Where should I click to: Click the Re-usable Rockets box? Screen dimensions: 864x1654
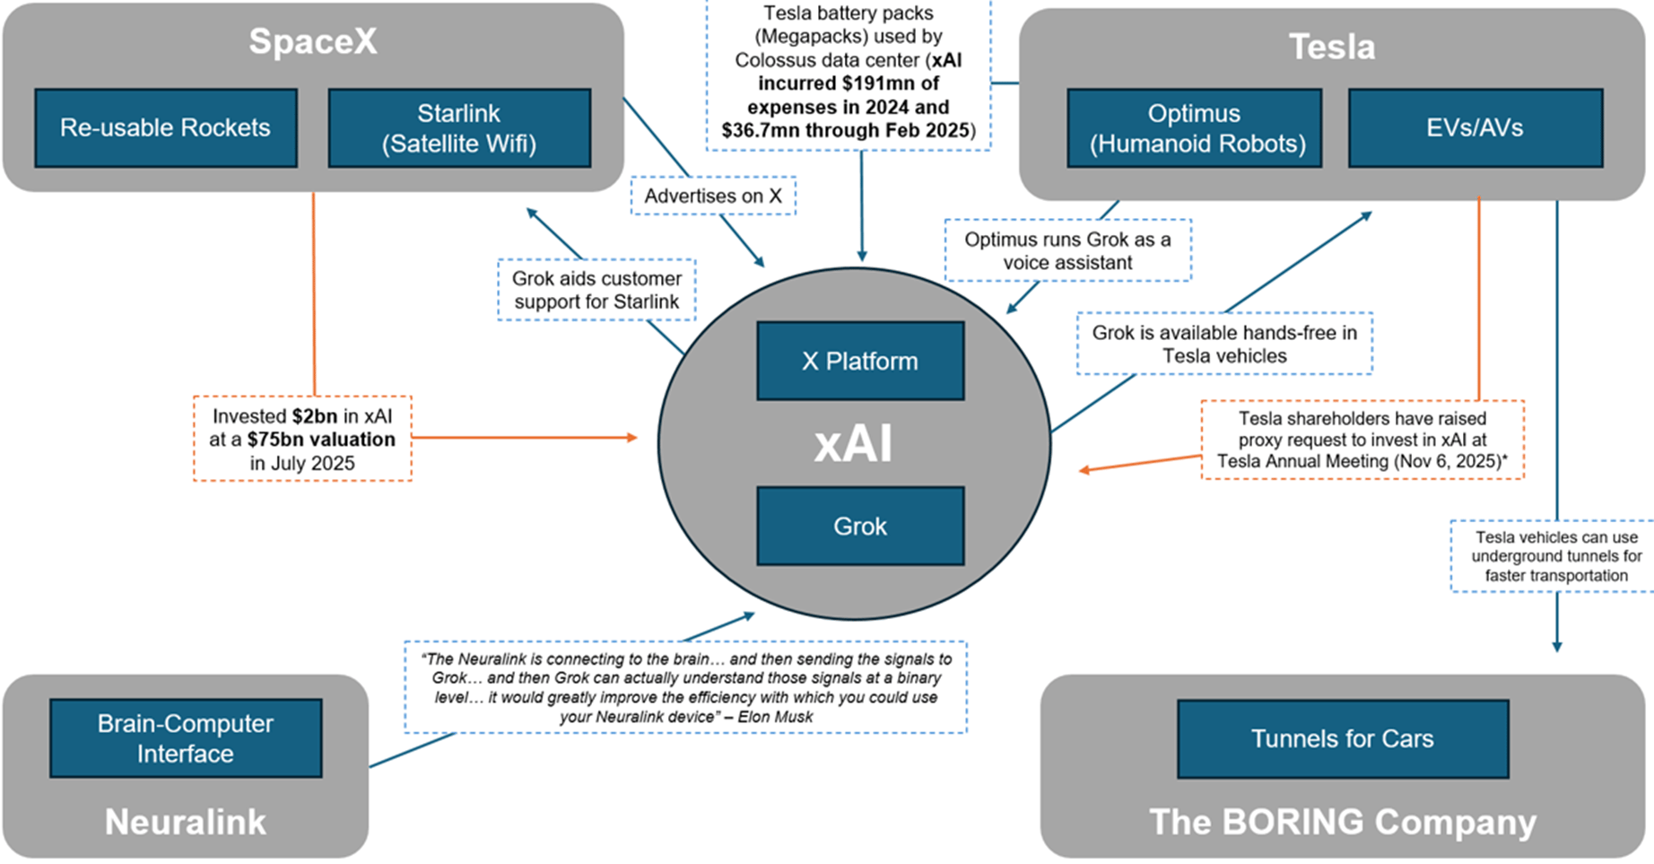(x=166, y=128)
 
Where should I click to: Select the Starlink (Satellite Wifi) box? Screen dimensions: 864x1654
(x=459, y=128)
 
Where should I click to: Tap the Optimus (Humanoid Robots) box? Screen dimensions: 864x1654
(x=1194, y=128)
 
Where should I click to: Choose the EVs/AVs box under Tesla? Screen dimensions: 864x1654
(x=1475, y=128)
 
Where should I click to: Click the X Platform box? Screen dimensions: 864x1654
(x=860, y=361)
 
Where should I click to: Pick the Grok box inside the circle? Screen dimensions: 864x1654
(x=860, y=526)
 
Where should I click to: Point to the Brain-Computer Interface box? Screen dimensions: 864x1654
(x=186, y=738)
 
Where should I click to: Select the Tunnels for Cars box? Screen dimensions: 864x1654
(x=1342, y=738)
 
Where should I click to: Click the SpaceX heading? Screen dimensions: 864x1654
(x=313, y=41)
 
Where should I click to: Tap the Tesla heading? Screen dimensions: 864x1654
(x=1332, y=47)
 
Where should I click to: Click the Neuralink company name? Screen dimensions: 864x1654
(x=186, y=822)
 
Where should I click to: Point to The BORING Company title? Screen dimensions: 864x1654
(x=1342, y=822)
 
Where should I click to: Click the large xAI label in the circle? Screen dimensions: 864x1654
(x=853, y=444)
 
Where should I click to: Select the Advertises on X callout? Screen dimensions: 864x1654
(x=713, y=196)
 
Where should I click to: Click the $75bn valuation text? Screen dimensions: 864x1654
(x=321, y=440)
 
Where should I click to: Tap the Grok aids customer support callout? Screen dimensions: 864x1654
(x=596, y=291)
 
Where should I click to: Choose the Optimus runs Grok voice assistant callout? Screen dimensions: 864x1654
(x=1067, y=251)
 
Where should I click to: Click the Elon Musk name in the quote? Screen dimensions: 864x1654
(x=776, y=717)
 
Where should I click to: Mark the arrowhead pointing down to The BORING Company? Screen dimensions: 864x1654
(x=1557, y=646)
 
